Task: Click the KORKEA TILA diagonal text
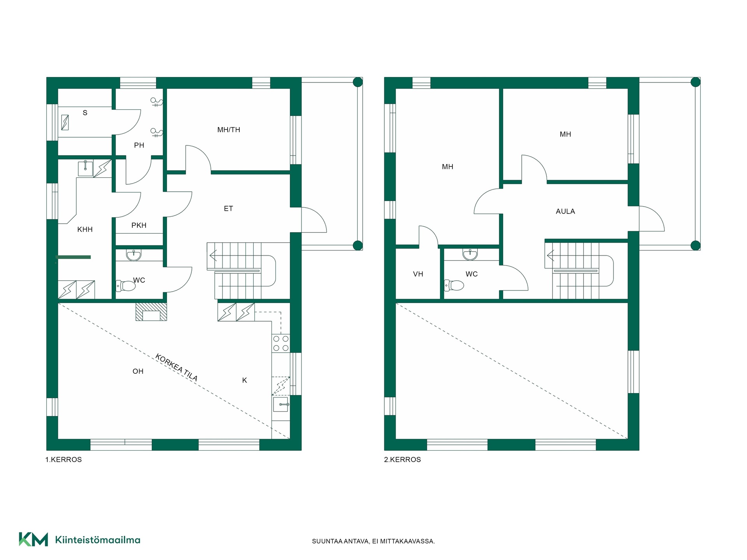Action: (x=176, y=367)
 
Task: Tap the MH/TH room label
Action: (x=229, y=130)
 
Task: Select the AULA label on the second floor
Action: (x=565, y=212)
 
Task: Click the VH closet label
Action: (x=418, y=274)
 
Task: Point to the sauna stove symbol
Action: (x=65, y=122)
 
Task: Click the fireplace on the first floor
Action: (x=151, y=311)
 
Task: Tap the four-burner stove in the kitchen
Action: (x=281, y=343)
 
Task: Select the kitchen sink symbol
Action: (x=281, y=404)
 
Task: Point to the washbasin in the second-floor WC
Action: (x=470, y=255)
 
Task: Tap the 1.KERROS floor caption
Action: (x=63, y=460)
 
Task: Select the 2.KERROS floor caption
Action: (x=402, y=460)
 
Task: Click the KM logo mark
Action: (x=33, y=539)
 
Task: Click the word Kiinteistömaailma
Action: (x=98, y=540)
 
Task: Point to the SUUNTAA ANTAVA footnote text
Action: (x=373, y=541)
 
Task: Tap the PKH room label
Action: (x=139, y=226)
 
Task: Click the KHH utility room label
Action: (x=85, y=230)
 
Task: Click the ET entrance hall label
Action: (x=228, y=209)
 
